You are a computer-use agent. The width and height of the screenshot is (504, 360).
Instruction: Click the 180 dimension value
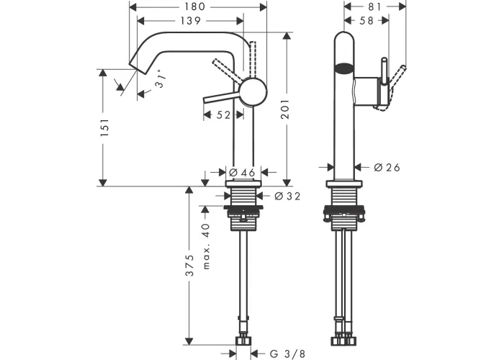[195, 6]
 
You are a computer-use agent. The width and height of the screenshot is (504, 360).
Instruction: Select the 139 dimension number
[190, 21]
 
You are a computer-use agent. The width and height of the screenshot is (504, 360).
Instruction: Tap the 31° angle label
[161, 78]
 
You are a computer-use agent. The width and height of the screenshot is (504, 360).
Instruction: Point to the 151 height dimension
[105, 127]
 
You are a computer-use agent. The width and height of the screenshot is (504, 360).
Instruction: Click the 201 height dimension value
[285, 109]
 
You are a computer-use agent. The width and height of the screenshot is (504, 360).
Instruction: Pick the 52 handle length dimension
[223, 114]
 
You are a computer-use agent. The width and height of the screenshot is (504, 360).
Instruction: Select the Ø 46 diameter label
[243, 173]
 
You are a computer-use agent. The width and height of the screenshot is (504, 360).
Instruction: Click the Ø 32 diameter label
[288, 196]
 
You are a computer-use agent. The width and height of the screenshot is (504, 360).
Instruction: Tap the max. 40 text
[207, 246]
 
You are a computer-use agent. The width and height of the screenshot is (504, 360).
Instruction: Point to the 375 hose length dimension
[190, 265]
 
